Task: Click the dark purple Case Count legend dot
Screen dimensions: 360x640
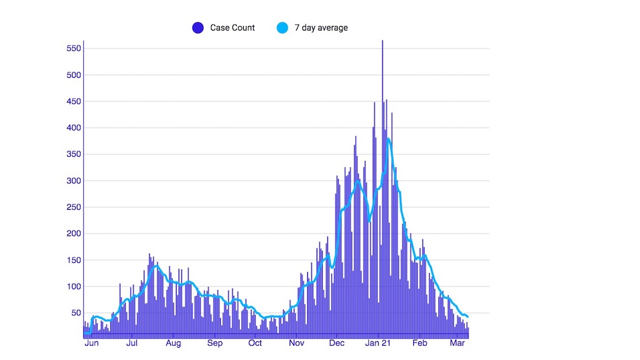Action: click(x=198, y=28)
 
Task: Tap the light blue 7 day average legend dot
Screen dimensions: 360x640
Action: click(x=282, y=28)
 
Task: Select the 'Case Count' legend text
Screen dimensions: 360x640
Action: click(x=233, y=28)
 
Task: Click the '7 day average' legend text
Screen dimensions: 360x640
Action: click(x=321, y=28)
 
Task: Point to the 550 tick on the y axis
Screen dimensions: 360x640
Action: click(x=73, y=49)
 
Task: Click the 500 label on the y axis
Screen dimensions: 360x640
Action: click(x=73, y=75)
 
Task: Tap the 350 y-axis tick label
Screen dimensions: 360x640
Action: click(x=73, y=155)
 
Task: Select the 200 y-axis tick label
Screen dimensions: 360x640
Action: click(x=73, y=234)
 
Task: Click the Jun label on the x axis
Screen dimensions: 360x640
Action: click(x=92, y=343)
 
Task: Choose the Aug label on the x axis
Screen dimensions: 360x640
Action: click(x=173, y=343)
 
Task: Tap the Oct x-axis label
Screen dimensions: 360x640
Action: click(x=255, y=343)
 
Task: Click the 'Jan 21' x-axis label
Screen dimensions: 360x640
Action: click(x=379, y=343)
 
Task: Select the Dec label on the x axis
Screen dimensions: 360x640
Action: click(x=337, y=343)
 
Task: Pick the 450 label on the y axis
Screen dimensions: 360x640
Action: click(x=73, y=102)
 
